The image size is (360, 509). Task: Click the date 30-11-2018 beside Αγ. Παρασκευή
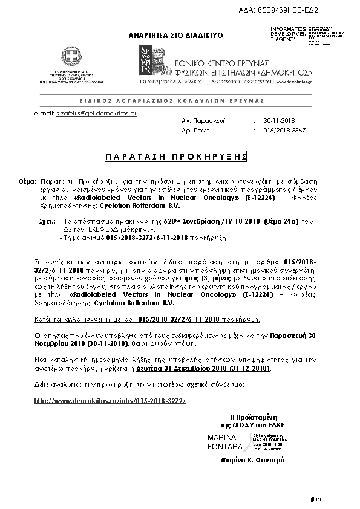tap(278, 121)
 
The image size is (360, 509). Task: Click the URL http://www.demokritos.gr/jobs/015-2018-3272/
tap(109, 401)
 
